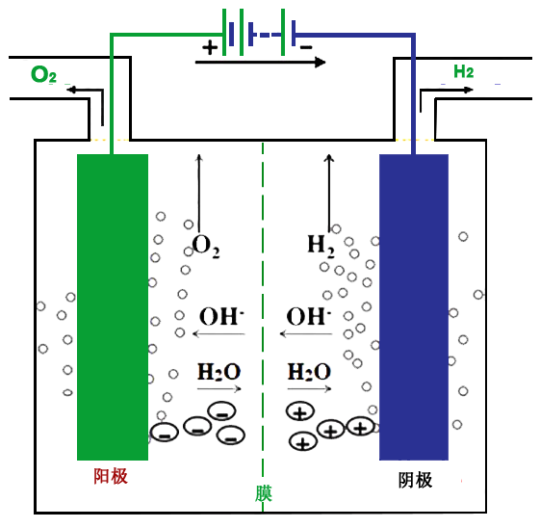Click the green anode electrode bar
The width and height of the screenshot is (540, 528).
(113, 306)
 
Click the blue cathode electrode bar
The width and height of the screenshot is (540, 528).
(414, 306)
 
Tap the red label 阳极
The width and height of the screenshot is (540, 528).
(111, 476)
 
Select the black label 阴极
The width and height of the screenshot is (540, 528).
(415, 480)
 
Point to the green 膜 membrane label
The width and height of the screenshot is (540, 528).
(264, 493)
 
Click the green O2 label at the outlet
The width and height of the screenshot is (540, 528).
(43, 74)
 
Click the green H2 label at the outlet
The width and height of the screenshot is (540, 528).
(464, 71)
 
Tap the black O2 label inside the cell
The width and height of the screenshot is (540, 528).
(206, 246)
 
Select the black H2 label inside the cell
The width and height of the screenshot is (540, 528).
(321, 246)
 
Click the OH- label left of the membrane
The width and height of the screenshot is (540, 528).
(221, 316)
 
